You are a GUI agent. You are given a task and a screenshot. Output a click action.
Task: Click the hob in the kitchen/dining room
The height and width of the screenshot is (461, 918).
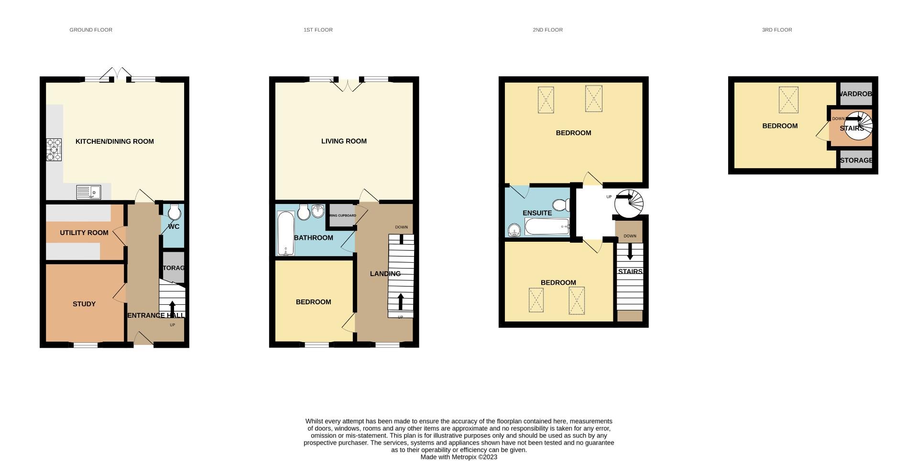coord(54,150)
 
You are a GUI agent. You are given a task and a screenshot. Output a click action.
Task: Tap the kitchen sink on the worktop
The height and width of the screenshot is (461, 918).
coord(88,192)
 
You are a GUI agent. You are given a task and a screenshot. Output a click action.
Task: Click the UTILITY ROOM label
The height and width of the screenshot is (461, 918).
coord(84,233)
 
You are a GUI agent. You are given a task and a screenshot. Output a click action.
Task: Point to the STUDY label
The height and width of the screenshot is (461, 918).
coord(84,304)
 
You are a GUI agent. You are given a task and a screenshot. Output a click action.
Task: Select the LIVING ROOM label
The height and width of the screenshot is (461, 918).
coord(344,141)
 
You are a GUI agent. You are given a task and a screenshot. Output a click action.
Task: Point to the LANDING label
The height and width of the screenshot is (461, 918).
coord(385,274)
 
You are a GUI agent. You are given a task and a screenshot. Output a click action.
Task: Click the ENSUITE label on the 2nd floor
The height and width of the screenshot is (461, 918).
coord(537,213)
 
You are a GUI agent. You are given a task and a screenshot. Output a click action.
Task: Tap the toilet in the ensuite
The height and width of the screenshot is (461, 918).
coord(561,205)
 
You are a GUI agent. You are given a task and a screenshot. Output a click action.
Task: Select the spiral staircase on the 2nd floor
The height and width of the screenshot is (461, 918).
coord(629,204)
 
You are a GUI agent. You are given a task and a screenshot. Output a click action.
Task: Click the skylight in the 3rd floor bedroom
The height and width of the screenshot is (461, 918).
coord(788,100)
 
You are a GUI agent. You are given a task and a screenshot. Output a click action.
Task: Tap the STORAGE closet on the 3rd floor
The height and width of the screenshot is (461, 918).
coord(856,160)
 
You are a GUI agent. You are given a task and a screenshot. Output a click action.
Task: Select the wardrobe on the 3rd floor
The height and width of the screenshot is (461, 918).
coord(856,94)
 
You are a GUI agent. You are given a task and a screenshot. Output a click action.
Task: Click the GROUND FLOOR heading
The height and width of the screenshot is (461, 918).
coord(91,30)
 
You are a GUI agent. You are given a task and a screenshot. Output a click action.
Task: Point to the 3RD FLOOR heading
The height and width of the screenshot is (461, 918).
coord(776,30)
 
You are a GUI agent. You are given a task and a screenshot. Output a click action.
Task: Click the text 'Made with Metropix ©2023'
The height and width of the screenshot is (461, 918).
coord(459,457)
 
